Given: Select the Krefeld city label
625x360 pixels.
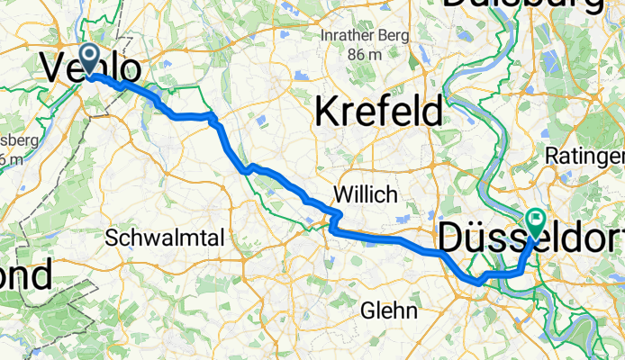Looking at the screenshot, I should pyautogui.click(x=379, y=112).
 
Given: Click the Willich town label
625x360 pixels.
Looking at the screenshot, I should pyautogui.click(x=364, y=193).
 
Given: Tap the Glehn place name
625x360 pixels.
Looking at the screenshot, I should pyautogui.click(x=389, y=311).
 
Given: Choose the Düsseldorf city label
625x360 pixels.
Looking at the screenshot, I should pyautogui.click(x=530, y=238).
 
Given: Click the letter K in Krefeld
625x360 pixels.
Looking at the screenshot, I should pyautogui.click(x=327, y=112).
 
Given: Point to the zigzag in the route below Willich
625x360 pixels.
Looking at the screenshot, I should pyautogui.click(x=334, y=220).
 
